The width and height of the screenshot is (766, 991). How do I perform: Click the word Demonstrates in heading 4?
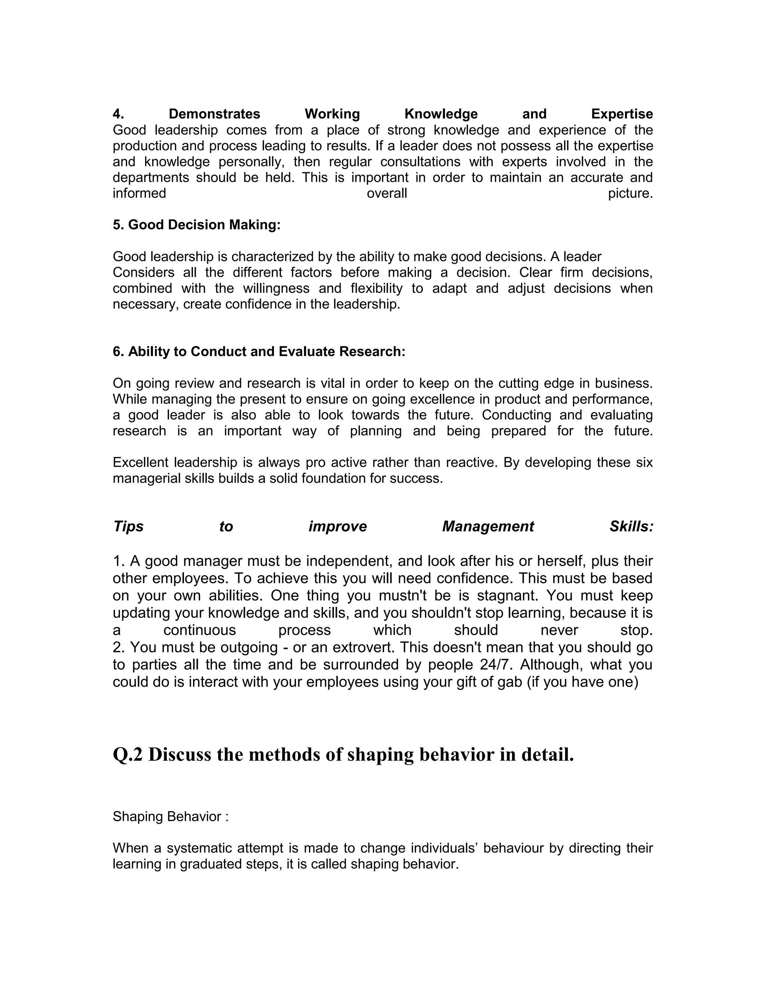214,114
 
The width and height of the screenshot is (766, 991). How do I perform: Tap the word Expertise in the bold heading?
622,114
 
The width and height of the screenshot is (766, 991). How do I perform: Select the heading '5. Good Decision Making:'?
196,225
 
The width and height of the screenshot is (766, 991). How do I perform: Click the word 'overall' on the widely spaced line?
387,194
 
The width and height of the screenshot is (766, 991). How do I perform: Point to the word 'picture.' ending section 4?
630,194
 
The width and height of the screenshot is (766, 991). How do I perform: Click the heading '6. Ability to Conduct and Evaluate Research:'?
259,352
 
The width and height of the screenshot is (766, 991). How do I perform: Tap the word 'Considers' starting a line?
143,273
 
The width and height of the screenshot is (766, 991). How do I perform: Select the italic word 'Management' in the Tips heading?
488,527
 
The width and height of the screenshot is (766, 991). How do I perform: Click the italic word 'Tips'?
128,527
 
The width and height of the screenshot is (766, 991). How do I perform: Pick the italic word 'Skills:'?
631,527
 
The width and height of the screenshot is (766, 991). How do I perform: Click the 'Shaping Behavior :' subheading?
170,817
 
